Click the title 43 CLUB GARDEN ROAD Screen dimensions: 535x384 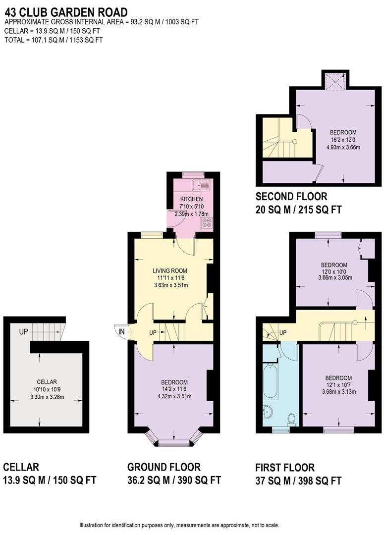click(x=65, y=12)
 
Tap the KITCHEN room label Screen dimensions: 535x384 click(x=191, y=199)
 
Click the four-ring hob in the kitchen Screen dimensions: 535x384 click(x=207, y=223)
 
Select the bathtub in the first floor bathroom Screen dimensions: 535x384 click(x=270, y=381)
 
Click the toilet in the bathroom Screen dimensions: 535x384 click(x=291, y=419)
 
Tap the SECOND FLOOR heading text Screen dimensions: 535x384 click(x=291, y=196)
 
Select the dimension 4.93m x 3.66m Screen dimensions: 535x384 click(x=343, y=147)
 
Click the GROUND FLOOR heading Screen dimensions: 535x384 click(x=164, y=467)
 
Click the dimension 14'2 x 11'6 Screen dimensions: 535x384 click(x=174, y=389)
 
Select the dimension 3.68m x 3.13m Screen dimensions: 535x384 click(x=339, y=392)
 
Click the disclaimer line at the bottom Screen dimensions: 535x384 click(x=179, y=525)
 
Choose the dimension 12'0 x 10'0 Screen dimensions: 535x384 click(x=334, y=271)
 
